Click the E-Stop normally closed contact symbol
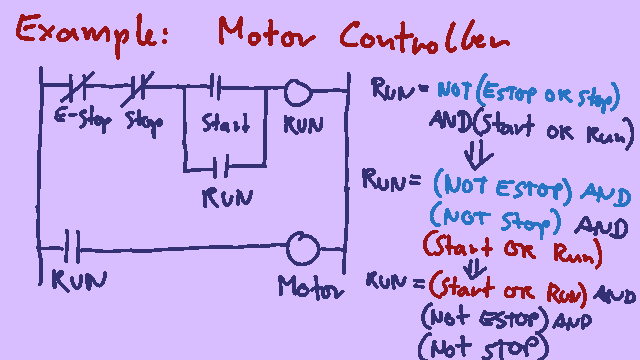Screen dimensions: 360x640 [x=77, y=87]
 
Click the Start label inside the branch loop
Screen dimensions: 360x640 [x=226, y=123]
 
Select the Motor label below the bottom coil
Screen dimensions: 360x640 [x=310, y=287]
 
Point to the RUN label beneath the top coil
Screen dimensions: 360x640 [x=303, y=125]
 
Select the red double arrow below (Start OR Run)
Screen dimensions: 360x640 [x=475, y=269]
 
